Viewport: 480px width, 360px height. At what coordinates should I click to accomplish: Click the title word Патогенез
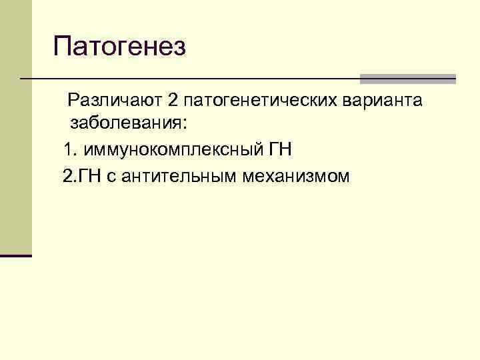click(x=119, y=48)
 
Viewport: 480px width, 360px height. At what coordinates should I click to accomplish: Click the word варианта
click(x=381, y=101)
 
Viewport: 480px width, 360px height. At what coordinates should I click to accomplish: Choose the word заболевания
click(x=123, y=125)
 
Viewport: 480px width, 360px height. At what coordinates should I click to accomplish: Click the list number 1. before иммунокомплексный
click(x=69, y=149)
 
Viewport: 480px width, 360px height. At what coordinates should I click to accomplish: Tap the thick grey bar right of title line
click(x=407, y=79)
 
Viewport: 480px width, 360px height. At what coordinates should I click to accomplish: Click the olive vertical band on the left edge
click(x=15, y=127)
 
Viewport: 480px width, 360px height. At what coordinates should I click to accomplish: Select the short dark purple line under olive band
click(x=15, y=255)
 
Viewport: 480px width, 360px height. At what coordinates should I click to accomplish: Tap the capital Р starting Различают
click(x=73, y=101)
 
